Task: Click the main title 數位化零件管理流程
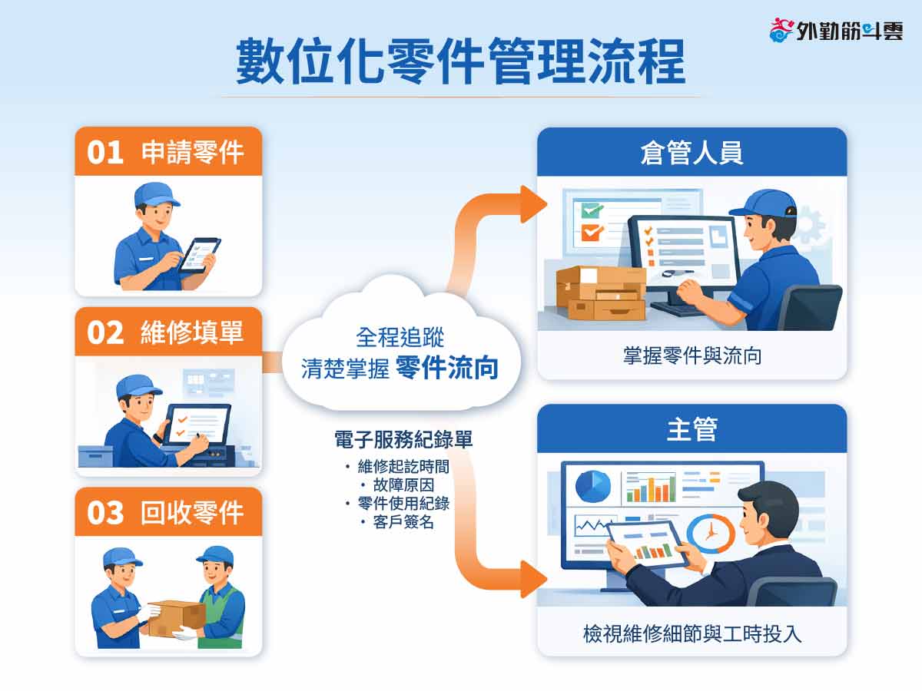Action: point(460,61)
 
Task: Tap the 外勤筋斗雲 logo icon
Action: point(781,30)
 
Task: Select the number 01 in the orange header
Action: point(105,152)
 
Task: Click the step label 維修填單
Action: point(192,332)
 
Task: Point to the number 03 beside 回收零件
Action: point(105,513)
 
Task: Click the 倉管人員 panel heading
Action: point(691,152)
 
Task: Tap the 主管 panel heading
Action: point(691,429)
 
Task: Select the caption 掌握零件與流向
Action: point(692,355)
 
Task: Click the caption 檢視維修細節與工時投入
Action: point(691,633)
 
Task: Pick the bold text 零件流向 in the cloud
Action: point(447,368)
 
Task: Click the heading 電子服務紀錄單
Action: point(403,439)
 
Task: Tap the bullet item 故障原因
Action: point(403,485)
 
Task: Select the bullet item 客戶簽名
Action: point(403,522)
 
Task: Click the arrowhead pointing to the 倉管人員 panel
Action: point(532,204)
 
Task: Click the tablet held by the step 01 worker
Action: point(200,256)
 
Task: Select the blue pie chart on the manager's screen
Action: point(592,487)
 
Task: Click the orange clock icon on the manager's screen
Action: point(711,534)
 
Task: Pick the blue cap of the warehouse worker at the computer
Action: point(765,204)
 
